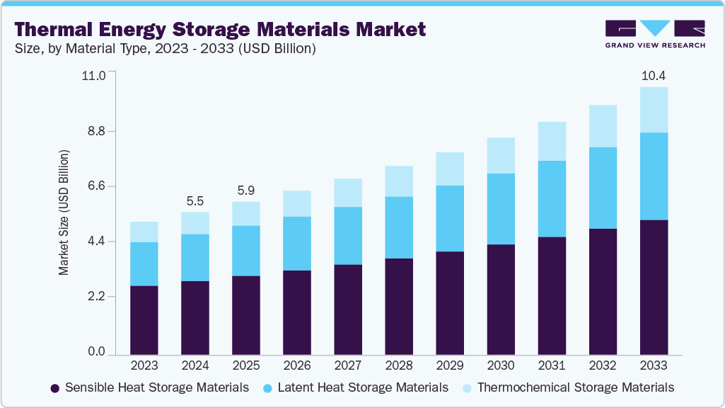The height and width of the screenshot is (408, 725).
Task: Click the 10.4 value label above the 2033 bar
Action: pos(654,74)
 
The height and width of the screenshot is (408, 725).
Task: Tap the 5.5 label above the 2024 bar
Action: pos(195,200)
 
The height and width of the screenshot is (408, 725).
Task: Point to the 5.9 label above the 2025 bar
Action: pos(246,190)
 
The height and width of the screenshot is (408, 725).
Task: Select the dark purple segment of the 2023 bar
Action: pos(144,319)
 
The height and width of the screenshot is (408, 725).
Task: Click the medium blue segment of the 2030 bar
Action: pos(501,209)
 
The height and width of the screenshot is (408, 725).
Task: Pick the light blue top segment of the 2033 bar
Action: pos(654,110)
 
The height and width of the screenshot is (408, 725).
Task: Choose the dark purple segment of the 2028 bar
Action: pos(399,306)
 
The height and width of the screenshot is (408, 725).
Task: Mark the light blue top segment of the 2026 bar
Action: pos(297,203)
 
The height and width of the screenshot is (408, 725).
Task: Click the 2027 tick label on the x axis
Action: pos(348,365)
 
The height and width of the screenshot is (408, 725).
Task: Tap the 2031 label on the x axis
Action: pos(552,365)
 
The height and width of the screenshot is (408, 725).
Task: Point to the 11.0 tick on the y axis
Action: pos(93,75)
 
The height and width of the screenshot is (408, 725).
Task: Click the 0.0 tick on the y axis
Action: pos(96,352)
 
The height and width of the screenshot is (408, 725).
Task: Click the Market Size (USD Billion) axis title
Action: pos(64,212)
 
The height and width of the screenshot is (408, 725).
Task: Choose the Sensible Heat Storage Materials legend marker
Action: pos(54,388)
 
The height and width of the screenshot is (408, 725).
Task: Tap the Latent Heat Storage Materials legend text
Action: pos(363,387)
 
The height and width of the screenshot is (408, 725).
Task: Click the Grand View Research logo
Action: pos(654,33)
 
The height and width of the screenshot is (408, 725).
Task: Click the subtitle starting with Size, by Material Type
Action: pos(164,49)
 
